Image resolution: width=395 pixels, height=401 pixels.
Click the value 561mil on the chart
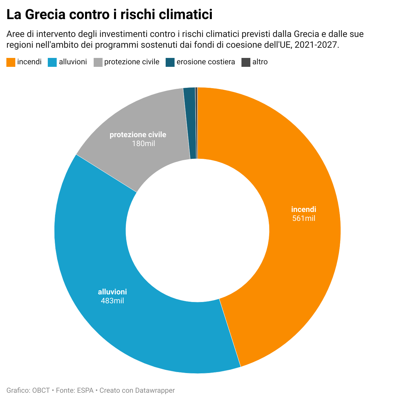point(304,218)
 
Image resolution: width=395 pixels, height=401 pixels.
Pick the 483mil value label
point(112,301)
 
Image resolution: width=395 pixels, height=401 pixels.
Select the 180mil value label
point(143,144)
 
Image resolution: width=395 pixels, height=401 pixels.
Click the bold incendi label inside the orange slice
point(304,209)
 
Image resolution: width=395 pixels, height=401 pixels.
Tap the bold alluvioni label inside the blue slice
point(112,292)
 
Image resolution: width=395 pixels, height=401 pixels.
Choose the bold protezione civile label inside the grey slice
point(138,135)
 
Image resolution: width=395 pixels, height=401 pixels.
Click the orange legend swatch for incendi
point(11,62)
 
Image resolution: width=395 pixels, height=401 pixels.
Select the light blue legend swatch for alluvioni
point(52,62)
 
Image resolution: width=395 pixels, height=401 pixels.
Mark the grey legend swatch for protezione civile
point(98,62)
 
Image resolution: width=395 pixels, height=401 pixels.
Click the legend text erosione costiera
point(206,62)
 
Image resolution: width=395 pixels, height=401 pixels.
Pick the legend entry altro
point(260,62)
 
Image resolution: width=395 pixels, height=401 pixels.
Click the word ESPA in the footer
point(85,390)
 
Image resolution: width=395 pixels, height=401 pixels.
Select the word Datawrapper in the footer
point(155,390)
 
